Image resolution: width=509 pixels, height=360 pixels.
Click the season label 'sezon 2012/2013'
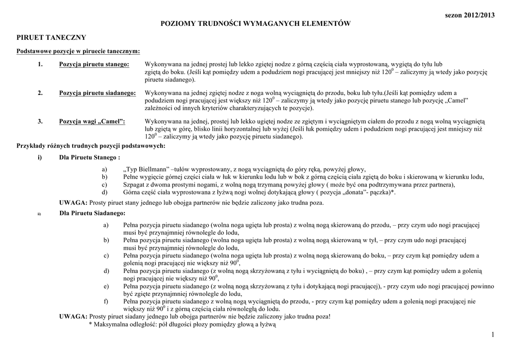click(470, 15)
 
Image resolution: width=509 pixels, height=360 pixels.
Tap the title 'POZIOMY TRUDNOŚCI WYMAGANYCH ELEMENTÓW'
click(254, 24)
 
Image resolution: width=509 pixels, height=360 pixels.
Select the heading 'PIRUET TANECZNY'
click(52, 38)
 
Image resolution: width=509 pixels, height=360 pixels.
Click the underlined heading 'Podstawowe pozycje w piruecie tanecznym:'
click(78, 51)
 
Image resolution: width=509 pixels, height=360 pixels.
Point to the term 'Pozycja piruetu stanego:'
click(94, 65)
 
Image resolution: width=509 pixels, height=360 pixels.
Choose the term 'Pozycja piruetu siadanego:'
click(97, 93)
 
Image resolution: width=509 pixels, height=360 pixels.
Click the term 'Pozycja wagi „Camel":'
click(92, 121)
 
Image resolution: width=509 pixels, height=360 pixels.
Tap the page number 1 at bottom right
click(493, 335)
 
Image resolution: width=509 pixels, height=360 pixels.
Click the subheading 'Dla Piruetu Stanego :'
click(89, 158)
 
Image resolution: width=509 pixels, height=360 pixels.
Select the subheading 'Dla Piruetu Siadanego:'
click(92, 213)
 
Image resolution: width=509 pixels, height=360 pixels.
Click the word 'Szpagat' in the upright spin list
click(135, 184)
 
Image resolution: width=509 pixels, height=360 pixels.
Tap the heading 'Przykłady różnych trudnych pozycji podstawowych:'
click(91, 146)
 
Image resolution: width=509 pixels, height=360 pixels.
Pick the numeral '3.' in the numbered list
click(40, 121)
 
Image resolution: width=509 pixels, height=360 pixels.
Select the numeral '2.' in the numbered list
click(40, 93)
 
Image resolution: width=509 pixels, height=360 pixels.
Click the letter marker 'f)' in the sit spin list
click(105, 301)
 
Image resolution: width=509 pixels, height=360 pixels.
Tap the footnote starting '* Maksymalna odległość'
click(182, 324)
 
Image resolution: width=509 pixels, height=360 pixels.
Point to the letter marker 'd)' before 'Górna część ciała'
click(105, 192)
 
